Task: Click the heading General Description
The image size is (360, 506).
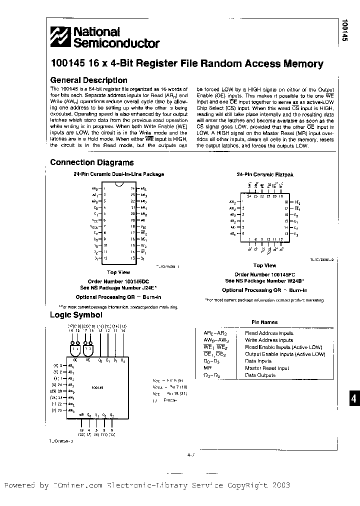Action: click(88, 80)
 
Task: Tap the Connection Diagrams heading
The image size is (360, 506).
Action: click(91, 162)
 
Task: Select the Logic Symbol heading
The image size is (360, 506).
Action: click(76, 315)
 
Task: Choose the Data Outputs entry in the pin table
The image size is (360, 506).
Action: click(260, 375)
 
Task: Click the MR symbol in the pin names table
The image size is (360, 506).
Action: click(207, 368)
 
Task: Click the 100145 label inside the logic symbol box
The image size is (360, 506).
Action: click(98, 386)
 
